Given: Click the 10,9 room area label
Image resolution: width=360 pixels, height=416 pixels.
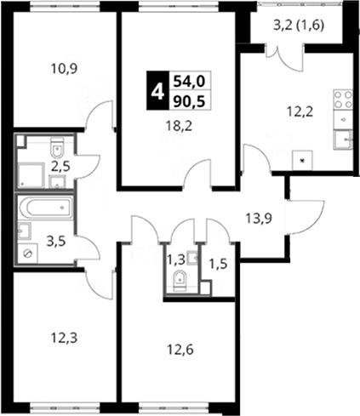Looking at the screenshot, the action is click(x=64, y=69).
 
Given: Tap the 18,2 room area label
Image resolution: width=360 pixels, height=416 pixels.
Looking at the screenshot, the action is click(x=179, y=126).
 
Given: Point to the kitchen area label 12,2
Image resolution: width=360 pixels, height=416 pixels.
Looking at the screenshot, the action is click(x=300, y=112).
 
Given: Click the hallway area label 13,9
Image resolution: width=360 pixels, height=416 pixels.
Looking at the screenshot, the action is click(x=259, y=219).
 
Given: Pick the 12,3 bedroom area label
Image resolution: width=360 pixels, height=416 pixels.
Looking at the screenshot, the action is click(x=64, y=338).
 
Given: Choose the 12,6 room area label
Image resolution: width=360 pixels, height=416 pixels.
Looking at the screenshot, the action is click(x=180, y=350).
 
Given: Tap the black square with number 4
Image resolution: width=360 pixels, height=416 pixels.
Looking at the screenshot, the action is click(x=157, y=90).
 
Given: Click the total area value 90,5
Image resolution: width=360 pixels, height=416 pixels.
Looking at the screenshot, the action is click(x=189, y=101).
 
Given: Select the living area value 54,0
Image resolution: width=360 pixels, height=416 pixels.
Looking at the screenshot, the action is click(x=189, y=82).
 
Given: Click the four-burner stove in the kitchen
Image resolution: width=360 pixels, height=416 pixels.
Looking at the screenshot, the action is click(x=343, y=100).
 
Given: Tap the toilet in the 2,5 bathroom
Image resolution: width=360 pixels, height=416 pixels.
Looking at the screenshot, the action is click(x=58, y=147).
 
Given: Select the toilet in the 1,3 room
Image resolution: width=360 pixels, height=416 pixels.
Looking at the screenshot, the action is click(x=180, y=281).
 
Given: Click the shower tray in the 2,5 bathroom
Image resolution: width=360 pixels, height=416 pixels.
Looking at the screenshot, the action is click(x=31, y=175).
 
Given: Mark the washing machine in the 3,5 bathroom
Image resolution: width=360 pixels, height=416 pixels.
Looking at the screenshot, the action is click(x=27, y=254).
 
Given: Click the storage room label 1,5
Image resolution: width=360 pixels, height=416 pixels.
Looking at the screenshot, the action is click(x=218, y=265).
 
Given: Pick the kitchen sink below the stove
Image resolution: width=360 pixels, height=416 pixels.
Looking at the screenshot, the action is click(x=343, y=139).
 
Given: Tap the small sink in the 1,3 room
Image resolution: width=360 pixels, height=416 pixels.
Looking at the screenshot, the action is click(x=193, y=258).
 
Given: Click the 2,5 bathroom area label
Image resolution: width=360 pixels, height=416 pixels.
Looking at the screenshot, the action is click(x=60, y=167).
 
